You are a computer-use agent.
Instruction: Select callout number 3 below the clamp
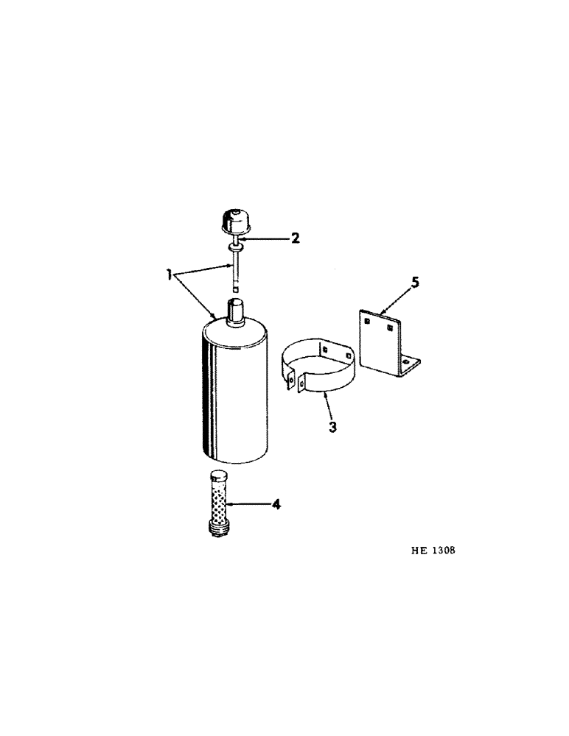click(333, 427)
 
